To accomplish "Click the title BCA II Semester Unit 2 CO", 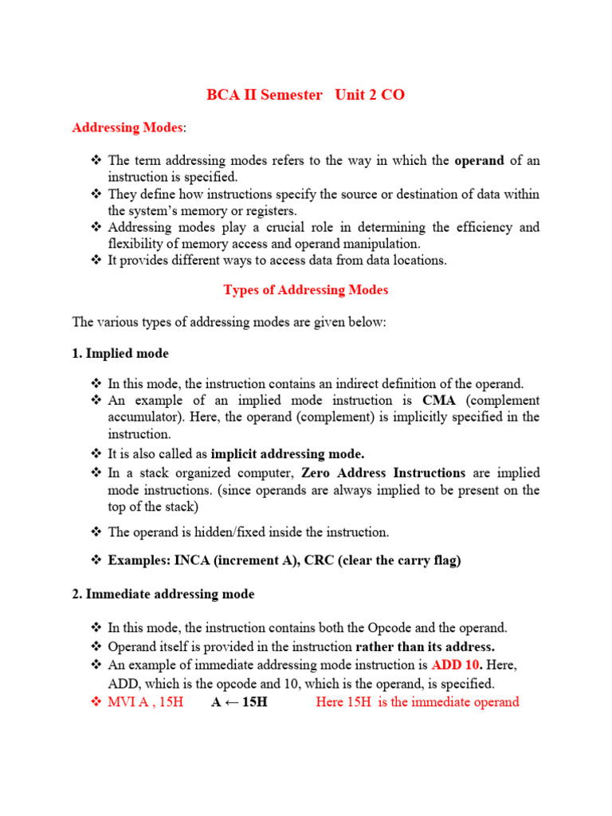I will [305, 95].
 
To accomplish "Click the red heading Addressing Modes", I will [127, 127].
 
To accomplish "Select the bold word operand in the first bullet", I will [479, 160].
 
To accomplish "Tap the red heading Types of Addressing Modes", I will [305, 290].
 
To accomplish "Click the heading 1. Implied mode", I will [120, 353].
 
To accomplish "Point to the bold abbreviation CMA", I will [439, 400].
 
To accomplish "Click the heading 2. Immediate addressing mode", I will [163, 594].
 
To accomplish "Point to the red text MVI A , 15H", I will [146, 702].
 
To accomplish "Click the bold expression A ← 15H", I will [239, 702].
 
